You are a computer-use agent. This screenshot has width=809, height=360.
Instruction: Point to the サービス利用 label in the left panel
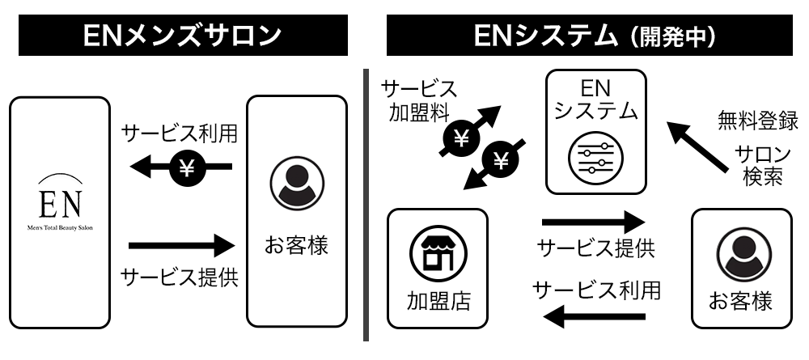[180, 133]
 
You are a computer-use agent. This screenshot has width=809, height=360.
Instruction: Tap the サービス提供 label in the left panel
[180, 277]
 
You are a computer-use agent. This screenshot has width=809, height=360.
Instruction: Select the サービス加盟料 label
[418, 99]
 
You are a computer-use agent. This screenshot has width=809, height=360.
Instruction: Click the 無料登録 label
[758, 121]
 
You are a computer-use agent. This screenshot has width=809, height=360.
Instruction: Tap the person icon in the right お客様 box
[740, 256]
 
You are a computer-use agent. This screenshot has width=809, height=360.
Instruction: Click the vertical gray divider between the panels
[366, 202]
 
